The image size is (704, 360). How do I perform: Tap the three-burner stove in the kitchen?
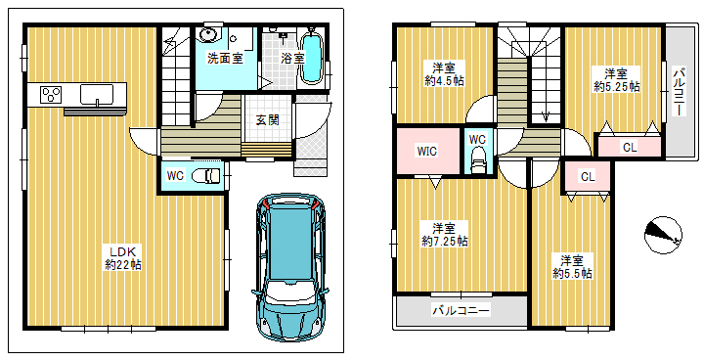click(x=51, y=94)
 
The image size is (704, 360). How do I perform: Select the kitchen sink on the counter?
click(x=97, y=95)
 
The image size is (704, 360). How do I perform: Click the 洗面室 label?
click(x=225, y=59)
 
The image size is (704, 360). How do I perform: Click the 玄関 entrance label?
click(x=268, y=120)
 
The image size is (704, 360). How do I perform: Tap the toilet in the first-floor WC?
click(x=206, y=175)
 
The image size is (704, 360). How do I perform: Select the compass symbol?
click(x=663, y=235)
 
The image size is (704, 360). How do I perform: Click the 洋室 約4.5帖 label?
click(x=444, y=74)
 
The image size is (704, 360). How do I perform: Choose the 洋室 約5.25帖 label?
click(x=616, y=80)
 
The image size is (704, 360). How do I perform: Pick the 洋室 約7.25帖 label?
click(x=445, y=234)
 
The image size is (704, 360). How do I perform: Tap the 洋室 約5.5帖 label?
click(x=572, y=266)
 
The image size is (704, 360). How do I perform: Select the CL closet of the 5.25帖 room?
click(x=630, y=147)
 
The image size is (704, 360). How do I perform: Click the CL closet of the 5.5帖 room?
click(x=588, y=177)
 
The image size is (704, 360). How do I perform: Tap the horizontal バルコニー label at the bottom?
click(x=461, y=310)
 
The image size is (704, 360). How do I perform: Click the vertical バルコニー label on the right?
click(x=680, y=91)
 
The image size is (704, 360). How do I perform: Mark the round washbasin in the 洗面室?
click(x=208, y=34)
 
